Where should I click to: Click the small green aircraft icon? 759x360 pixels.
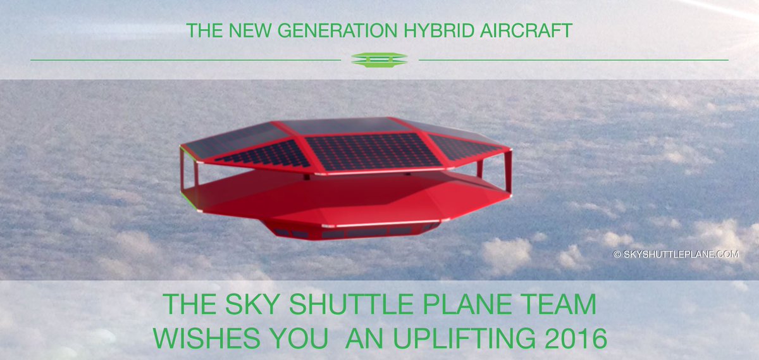click(x=379, y=59)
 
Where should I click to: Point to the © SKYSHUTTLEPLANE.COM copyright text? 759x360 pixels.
click(x=676, y=254)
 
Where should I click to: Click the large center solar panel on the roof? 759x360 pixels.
click(x=373, y=151)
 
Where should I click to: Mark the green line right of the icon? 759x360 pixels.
click(x=573, y=60)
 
